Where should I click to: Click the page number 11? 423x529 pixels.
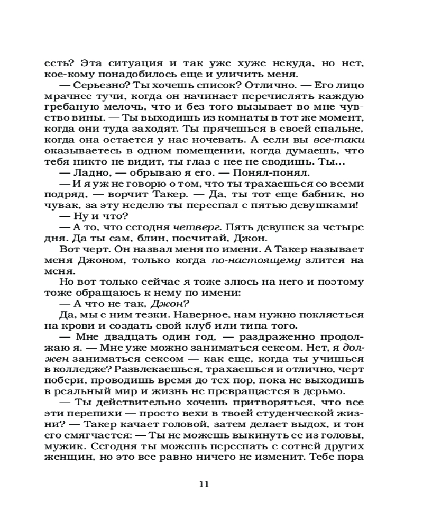[x=205, y=484]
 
